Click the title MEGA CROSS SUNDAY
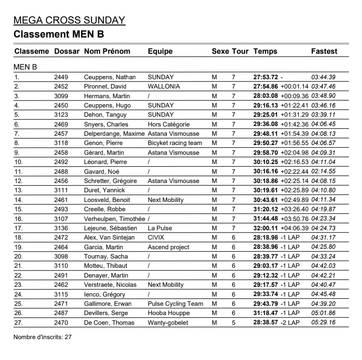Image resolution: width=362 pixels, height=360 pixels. click(70, 20)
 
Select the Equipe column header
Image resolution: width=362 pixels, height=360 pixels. click(160, 51)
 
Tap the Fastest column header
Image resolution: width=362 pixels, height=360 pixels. click(324, 51)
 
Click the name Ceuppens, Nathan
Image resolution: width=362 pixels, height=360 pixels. click(110, 77)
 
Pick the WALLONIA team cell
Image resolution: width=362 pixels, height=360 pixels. click(164, 87)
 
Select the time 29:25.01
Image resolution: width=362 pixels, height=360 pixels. click(266, 115)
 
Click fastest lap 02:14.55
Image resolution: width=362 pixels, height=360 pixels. click(324, 171)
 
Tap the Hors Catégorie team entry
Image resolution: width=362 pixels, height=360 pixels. click(169, 124)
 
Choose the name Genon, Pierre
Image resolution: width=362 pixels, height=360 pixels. click(104, 143)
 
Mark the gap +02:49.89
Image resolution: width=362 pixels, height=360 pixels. click(295, 200)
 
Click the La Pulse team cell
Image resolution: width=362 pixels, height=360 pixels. click(160, 228)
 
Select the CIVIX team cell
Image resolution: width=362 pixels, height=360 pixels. click(156, 238)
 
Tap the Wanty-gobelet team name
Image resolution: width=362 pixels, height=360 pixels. click(168, 322)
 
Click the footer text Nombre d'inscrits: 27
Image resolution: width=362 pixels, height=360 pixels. click(43, 337)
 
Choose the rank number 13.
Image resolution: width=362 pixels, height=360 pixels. click(19, 190)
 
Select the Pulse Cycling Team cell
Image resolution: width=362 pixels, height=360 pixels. click(175, 303)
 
